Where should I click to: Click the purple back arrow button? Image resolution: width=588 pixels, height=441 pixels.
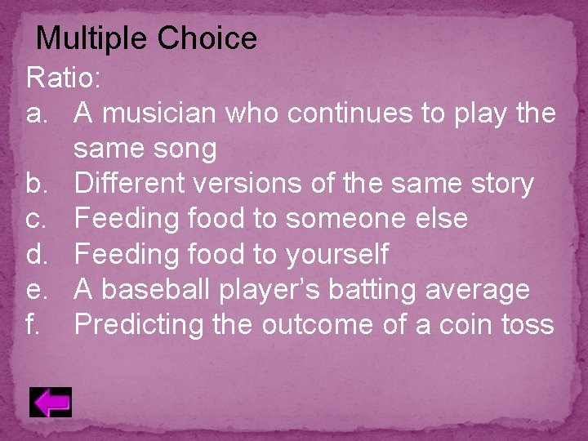click(51, 403)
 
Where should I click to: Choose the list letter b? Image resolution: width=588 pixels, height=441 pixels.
click(38, 184)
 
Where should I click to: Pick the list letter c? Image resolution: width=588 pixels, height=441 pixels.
click(37, 219)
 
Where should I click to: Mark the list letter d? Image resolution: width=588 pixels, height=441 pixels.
click(38, 254)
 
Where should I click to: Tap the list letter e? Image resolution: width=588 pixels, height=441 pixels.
click(38, 289)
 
